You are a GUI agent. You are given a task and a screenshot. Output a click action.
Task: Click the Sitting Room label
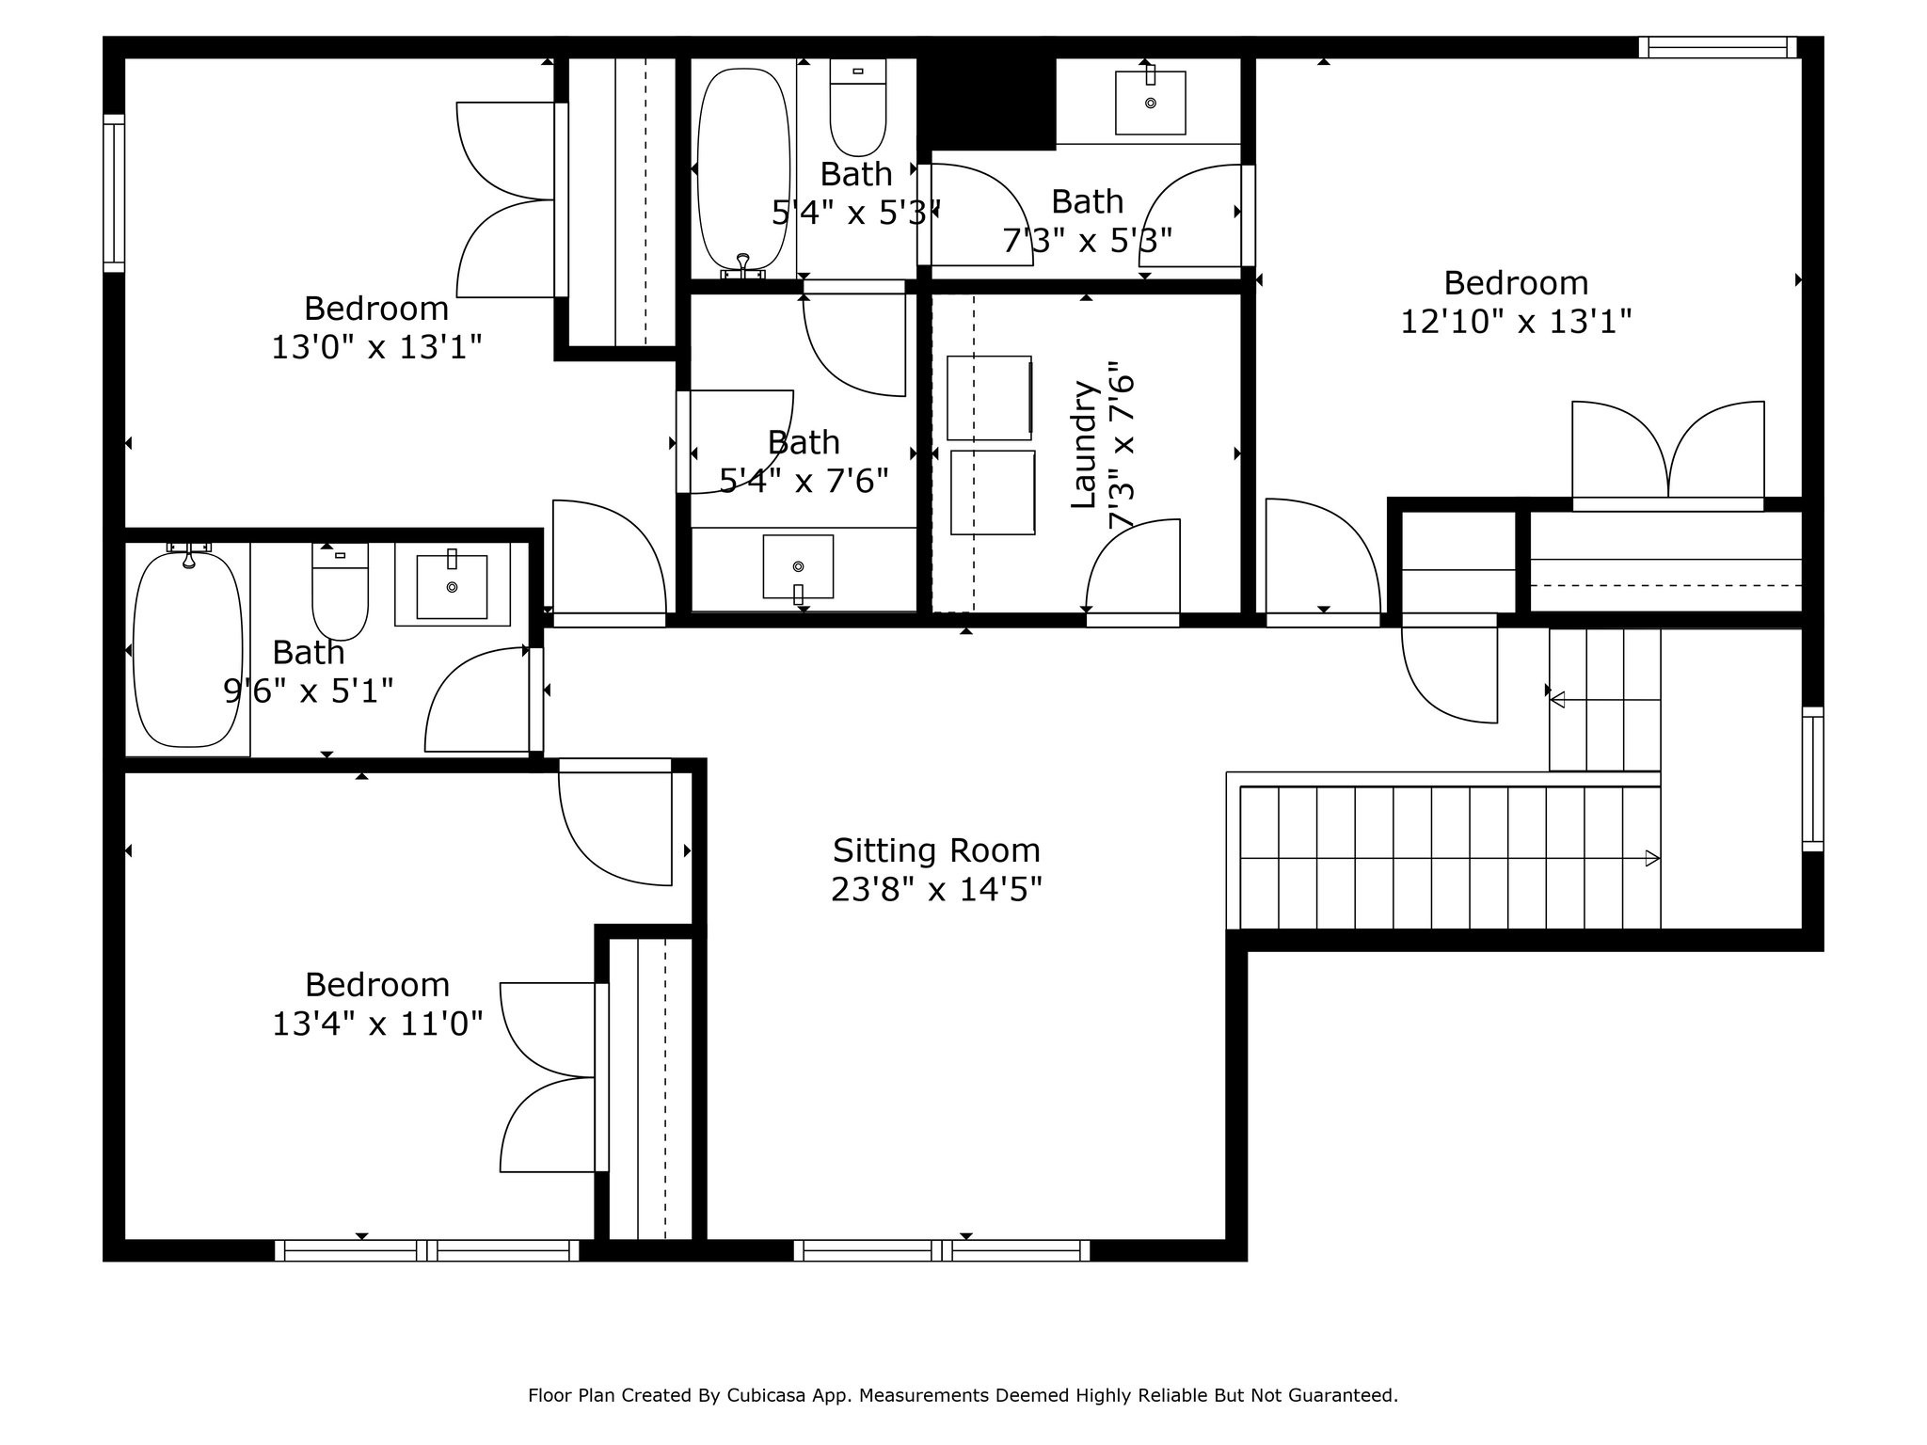click(936, 850)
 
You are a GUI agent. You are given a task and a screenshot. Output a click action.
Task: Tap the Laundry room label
click(1085, 444)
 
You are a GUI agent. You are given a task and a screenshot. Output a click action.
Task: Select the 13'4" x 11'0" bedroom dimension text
click(377, 1024)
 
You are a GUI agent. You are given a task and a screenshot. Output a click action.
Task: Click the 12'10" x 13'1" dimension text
click(1515, 322)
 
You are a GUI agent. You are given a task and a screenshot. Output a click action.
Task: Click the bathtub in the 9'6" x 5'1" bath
click(188, 649)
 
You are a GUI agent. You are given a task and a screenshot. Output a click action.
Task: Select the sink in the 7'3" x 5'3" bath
click(1150, 103)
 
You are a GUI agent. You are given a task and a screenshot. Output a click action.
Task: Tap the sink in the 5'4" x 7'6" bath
click(798, 566)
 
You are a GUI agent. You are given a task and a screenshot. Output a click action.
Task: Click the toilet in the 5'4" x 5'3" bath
click(857, 107)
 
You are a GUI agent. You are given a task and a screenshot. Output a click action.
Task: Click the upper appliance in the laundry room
click(989, 398)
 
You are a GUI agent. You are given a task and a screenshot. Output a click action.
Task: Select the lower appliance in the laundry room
click(993, 492)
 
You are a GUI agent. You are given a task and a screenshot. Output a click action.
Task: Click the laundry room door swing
click(1129, 564)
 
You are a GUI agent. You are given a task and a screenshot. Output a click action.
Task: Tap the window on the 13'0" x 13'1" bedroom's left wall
click(114, 193)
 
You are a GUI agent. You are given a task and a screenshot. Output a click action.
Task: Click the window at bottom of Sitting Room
click(941, 1250)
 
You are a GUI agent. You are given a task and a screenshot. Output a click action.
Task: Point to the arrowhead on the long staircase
click(1651, 858)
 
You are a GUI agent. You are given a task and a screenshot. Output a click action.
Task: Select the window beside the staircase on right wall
click(1812, 779)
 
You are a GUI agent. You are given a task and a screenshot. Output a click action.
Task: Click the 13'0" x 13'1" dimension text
click(376, 347)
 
